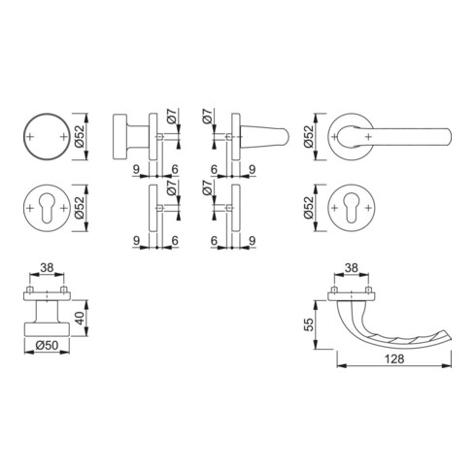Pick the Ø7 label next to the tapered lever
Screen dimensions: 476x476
207,119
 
